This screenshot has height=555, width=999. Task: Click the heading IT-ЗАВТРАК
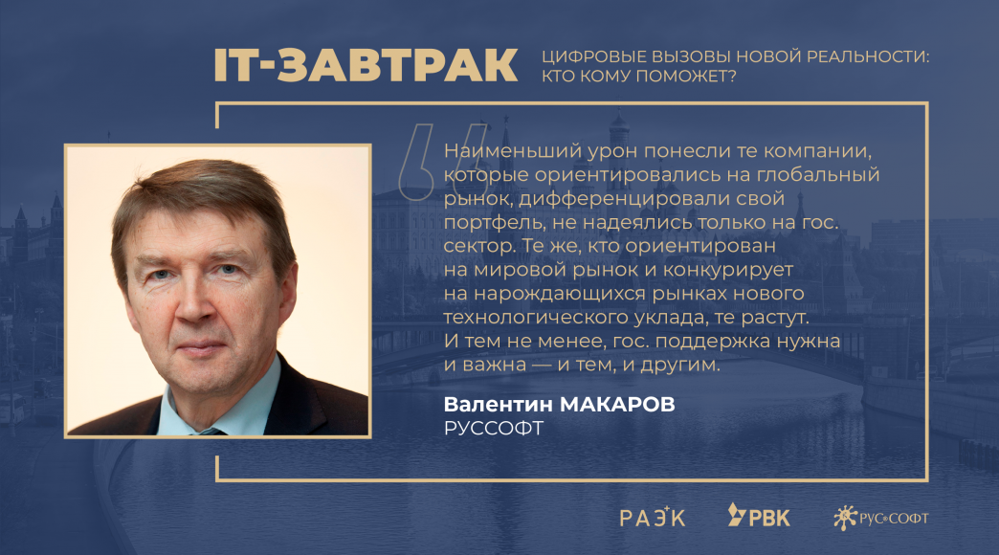tap(366, 65)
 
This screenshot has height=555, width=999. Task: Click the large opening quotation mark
tap(441, 162)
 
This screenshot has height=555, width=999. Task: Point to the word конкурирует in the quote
tap(728, 270)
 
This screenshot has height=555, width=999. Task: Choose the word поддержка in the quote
tap(713, 342)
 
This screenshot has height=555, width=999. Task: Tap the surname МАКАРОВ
tap(617, 404)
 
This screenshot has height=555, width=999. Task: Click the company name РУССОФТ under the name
tap(494, 428)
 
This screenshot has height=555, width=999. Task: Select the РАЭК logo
tap(653, 517)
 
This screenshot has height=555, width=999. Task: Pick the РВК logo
tap(759, 516)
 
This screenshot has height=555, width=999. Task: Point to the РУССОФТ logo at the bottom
tap(880, 518)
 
